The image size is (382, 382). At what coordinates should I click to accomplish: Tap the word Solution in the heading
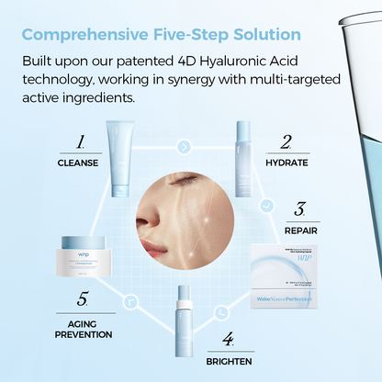pyautogui.click(x=261, y=35)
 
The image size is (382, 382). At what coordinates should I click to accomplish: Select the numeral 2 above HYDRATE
pyautogui.click(x=286, y=143)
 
